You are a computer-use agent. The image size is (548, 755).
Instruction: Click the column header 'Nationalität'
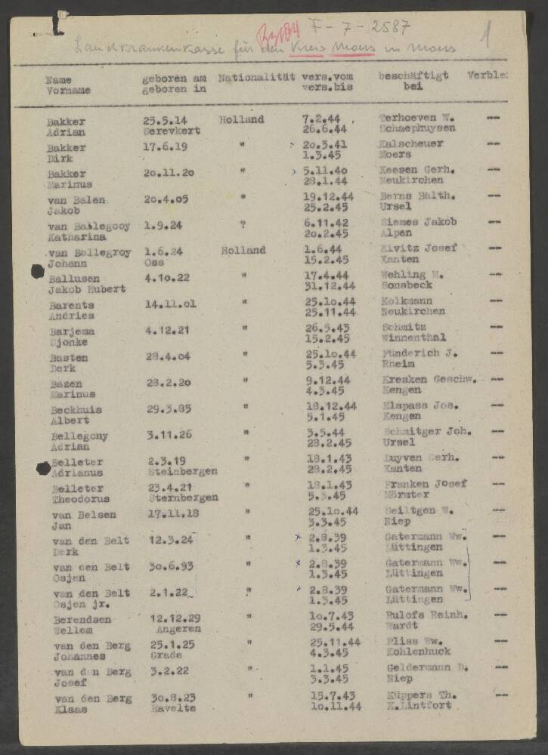257,77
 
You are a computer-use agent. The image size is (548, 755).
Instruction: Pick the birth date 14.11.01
171,304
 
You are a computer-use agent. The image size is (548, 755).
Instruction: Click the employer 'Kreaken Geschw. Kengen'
429,385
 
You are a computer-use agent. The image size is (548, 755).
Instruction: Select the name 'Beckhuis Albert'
76,414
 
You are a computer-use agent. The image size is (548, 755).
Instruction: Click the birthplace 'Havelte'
172,708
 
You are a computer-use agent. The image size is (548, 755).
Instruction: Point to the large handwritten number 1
489,35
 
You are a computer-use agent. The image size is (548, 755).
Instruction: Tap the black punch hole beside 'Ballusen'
37,271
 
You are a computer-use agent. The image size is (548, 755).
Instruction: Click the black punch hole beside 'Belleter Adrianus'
43,468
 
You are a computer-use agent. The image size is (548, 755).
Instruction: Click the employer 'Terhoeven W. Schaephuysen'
418,124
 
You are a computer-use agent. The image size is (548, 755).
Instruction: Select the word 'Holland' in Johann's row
243,251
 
